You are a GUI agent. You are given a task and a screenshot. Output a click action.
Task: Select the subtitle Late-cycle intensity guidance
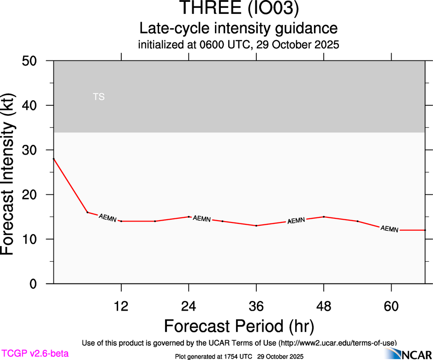(x=238, y=28)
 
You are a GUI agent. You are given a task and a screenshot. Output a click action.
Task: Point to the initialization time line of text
(x=238, y=45)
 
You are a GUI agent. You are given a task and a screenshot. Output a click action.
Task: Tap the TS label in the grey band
(x=99, y=97)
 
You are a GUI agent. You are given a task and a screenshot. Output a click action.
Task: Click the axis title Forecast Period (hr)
(x=239, y=326)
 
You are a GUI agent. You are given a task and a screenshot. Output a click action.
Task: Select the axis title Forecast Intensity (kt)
(x=12, y=172)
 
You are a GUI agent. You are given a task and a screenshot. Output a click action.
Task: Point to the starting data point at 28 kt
(x=54, y=159)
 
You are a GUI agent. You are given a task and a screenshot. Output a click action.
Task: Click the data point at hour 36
(x=256, y=226)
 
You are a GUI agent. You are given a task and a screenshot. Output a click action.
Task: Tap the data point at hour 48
(x=324, y=216)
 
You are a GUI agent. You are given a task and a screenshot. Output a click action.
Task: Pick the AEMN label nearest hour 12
(x=108, y=218)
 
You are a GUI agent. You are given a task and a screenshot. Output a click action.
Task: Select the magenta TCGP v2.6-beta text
(x=35, y=354)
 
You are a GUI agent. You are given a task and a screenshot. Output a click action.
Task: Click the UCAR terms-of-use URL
(x=337, y=343)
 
